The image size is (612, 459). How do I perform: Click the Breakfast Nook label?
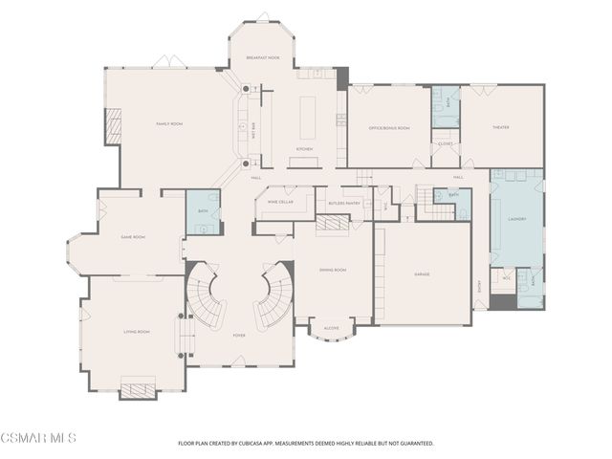coord(262,58)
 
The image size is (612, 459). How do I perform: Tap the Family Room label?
coord(169,124)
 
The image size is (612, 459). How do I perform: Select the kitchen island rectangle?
coord(308,115)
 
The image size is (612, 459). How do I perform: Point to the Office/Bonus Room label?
coord(389,127)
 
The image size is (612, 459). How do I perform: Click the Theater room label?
coord(501,127)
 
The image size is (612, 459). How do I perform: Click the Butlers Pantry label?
coord(343,203)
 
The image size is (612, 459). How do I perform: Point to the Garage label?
coord(422,274)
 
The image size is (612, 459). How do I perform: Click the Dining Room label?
coord(333,271)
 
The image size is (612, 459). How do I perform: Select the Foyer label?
coord(238,336)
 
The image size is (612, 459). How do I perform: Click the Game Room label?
coord(133,237)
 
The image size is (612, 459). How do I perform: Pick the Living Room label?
coord(137,332)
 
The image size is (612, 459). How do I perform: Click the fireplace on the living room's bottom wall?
coord(138,390)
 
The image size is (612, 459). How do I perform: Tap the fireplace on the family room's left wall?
coord(113,125)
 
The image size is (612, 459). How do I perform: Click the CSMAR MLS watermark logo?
coord(38,438)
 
